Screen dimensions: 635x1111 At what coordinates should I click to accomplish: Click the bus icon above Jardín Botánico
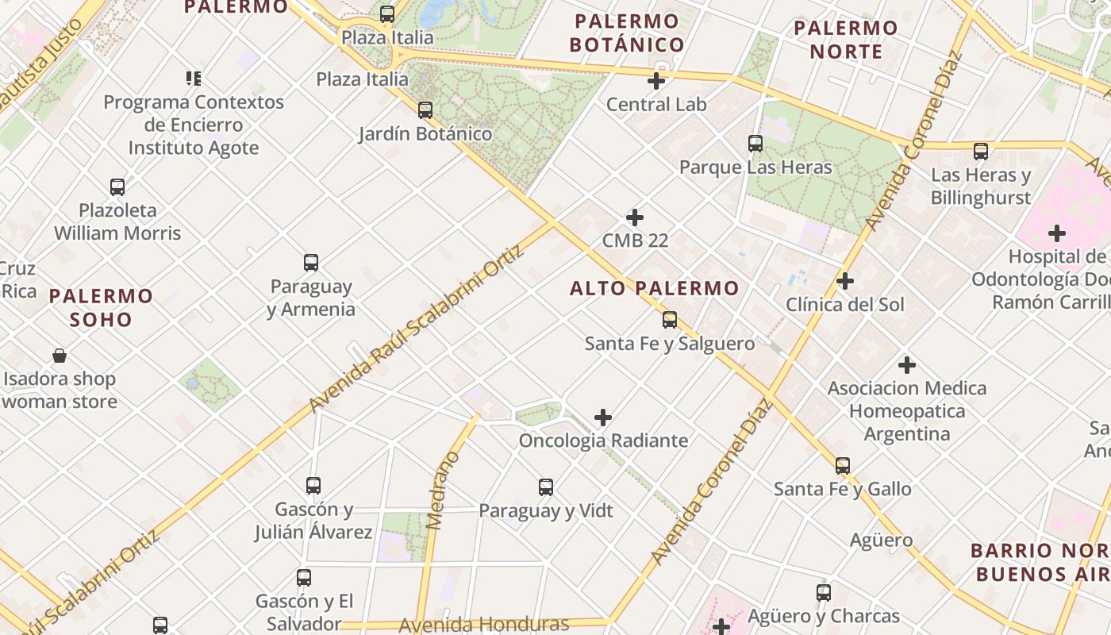pyautogui.click(x=425, y=110)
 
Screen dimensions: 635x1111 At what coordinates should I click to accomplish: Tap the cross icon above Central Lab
pyautogui.click(x=656, y=81)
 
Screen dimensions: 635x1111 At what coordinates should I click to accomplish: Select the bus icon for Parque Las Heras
pyautogui.click(x=755, y=144)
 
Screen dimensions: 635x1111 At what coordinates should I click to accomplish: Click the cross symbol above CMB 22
pyautogui.click(x=635, y=217)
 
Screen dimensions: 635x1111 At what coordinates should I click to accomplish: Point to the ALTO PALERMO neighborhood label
pyautogui.click(x=654, y=288)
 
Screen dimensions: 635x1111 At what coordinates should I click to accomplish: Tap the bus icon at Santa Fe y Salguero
pyautogui.click(x=670, y=320)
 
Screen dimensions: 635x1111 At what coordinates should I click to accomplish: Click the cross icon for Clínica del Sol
pyautogui.click(x=845, y=281)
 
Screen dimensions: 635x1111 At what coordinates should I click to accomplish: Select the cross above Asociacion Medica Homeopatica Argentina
pyautogui.click(x=907, y=365)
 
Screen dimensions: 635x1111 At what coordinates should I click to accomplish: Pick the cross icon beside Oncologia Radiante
pyautogui.click(x=603, y=418)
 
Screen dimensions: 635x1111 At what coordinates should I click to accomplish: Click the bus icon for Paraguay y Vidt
pyautogui.click(x=546, y=487)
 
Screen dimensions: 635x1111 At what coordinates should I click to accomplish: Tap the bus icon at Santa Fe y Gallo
pyautogui.click(x=843, y=466)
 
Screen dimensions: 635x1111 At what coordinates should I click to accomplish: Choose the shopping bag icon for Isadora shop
pyautogui.click(x=60, y=356)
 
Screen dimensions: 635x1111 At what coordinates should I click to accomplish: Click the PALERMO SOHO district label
pyautogui.click(x=101, y=308)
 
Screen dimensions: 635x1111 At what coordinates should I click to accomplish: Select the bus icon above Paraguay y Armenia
pyautogui.click(x=311, y=263)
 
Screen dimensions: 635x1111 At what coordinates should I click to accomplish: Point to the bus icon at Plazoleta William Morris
pyautogui.click(x=117, y=187)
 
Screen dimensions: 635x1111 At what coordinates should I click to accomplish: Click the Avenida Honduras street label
pyautogui.click(x=483, y=624)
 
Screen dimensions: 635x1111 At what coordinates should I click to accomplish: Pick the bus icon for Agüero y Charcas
pyautogui.click(x=824, y=593)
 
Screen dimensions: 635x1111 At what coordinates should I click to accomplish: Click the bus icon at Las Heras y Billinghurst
pyautogui.click(x=981, y=152)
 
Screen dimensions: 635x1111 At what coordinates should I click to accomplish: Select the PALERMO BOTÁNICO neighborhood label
pyautogui.click(x=626, y=33)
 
